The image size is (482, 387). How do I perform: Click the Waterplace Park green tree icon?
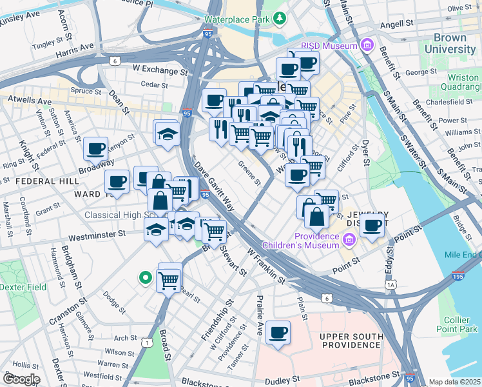point(279,20)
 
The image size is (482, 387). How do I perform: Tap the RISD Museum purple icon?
point(367,45)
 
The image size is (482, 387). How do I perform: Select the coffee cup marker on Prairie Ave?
point(278,332)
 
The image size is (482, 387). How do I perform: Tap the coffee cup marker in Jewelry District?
point(372,225)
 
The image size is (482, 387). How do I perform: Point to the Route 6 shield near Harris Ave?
point(115,61)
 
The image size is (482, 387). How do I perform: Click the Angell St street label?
point(396,23)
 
